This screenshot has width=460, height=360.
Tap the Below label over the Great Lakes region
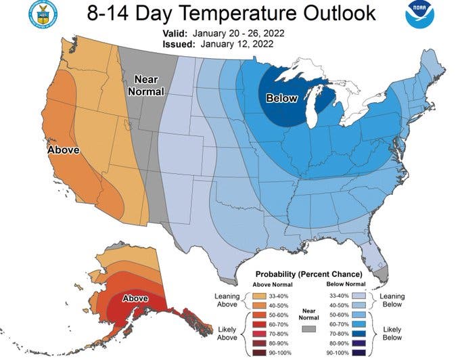coord(281,98)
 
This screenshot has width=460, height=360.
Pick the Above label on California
coord(63,149)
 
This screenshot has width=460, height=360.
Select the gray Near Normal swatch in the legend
coord(310,328)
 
